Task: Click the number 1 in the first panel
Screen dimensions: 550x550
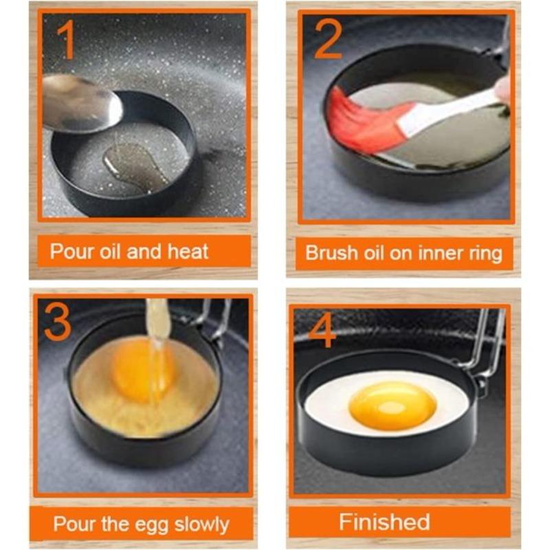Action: (x=67, y=41)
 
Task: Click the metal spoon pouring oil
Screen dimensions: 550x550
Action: (x=80, y=103)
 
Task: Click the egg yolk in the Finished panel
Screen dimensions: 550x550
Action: (x=392, y=406)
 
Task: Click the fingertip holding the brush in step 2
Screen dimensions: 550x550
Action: (x=504, y=89)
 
